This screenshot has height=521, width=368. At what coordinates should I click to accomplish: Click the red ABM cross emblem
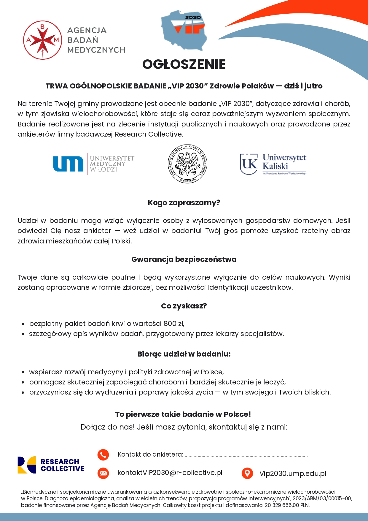tap(42, 40)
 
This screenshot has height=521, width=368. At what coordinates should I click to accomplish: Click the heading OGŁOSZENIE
tap(184, 64)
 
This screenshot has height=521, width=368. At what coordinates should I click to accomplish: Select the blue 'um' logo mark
tap(68, 164)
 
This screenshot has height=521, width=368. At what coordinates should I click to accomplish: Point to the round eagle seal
tap(187, 164)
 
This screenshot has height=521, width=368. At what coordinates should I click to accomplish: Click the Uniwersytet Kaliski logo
tap(273, 164)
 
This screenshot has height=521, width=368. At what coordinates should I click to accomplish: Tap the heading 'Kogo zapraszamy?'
tap(184, 203)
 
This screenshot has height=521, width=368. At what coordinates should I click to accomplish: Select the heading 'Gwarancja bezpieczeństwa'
tap(184, 259)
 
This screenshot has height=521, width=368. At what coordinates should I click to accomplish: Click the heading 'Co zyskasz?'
tap(184, 306)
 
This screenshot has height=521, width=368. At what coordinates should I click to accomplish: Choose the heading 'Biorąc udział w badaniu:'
tap(184, 354)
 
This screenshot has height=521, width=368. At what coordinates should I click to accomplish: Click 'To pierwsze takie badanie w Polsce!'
tap(183, 414)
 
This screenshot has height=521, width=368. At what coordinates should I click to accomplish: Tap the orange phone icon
tap(103, 455)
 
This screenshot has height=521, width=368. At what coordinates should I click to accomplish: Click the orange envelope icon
tap(103, 473)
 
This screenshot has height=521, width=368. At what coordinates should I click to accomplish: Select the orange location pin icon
tap(247, 473)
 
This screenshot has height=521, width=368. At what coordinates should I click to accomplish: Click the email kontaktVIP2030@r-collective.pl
tap(170, 473)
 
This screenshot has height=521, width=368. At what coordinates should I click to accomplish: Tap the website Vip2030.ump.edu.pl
tap(293, 474)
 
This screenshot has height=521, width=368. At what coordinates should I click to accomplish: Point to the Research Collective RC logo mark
tap(27, 465)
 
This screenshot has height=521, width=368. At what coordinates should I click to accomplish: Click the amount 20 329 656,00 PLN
tap(287, 505)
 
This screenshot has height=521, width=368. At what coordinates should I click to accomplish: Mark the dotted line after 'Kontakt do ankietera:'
tap(246, 455)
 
